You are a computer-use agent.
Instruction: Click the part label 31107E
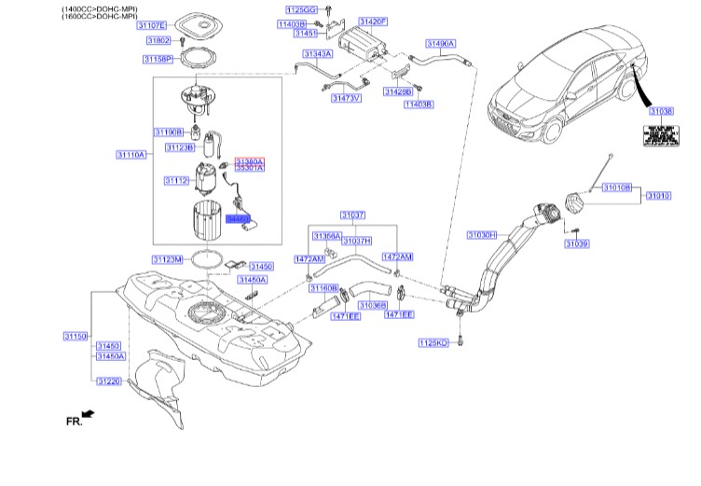(151, 25)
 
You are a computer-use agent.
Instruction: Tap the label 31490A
(440, 44)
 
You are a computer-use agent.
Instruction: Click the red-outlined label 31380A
(249, 160)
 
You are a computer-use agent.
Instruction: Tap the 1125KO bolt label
(433, 343)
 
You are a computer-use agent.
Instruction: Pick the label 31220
(110, 381)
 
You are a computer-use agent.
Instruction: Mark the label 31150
(76, 335)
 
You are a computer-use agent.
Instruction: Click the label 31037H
(356, 241)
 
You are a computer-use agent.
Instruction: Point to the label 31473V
(346, 97)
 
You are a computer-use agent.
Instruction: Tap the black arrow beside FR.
(89, 414)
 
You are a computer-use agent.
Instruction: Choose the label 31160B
(323, 288)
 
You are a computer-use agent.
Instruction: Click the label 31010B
(616, 187)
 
